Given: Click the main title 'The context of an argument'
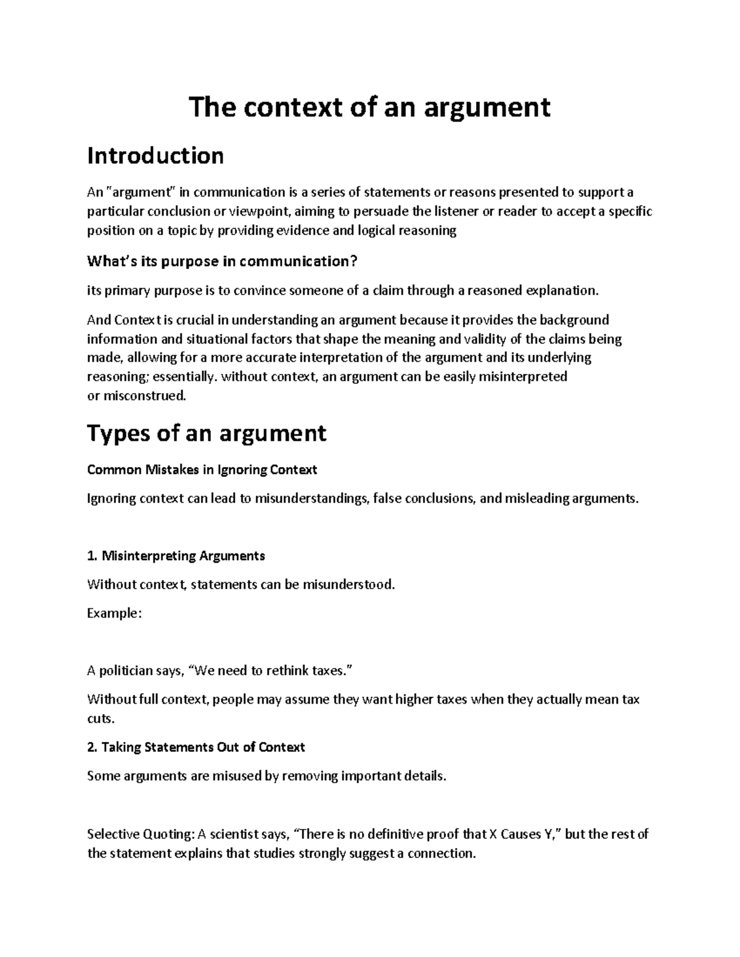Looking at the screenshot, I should pyautogui.click(x=369, y=107).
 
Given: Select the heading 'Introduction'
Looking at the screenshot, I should pyautogui.click(x=155, y=155).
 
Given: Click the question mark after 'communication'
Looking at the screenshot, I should pyautogui.click(x=353, y=261).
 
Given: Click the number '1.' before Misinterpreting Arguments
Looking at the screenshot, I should pyautogui.click(x=92, y=556).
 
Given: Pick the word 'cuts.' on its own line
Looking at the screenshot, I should pyautogui.click(x=101, y=719).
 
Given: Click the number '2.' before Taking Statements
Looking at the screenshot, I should pyautogui.click(x=92, y=747).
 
